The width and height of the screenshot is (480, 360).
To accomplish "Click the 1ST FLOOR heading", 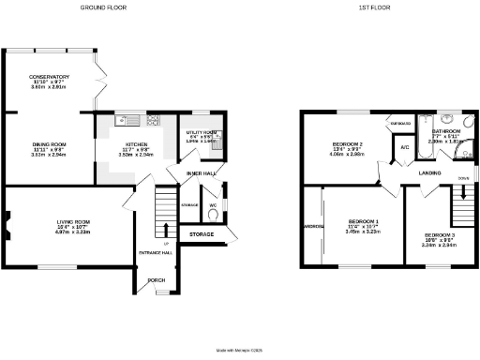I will (x=375, y=7).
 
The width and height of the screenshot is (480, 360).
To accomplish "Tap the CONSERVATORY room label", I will (x=49, y=77).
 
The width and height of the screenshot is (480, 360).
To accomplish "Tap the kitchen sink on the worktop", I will (x=127, y=120).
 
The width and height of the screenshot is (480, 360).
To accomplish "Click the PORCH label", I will (x=157, y=280).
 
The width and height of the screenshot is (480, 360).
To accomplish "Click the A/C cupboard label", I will (x=405, y=148).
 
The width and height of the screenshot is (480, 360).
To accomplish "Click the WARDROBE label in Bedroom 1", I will (x=313, y=227).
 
